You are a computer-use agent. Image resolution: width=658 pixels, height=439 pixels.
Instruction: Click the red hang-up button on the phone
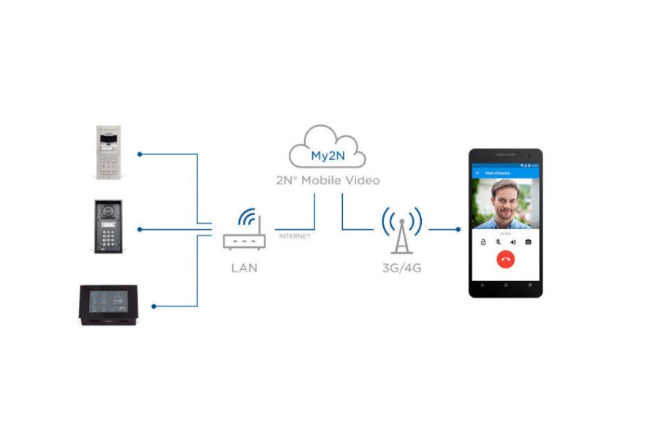coord(505,258)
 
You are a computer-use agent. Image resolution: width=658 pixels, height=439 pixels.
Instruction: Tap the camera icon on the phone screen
coord(528,241)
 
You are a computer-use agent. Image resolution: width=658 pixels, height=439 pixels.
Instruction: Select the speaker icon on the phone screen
coord(513,241)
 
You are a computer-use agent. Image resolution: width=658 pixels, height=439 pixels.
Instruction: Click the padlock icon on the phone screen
coord(483,241)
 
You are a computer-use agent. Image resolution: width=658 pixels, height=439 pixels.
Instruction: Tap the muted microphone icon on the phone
coord(498,241)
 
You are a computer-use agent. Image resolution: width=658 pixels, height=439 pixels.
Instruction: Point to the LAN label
coord(244,268)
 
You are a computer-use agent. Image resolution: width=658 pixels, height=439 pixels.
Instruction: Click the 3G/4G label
coord(401,268)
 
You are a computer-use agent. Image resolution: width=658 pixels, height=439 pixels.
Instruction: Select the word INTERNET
coord(294,236)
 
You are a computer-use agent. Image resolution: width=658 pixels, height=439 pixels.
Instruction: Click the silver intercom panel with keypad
coord(109,152)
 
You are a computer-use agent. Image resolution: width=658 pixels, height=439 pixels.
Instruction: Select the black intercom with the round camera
coord(109,227)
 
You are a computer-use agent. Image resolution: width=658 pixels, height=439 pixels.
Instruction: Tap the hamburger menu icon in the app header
coord(477,173)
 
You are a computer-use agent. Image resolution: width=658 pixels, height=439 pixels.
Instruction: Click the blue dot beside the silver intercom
coord(140,154)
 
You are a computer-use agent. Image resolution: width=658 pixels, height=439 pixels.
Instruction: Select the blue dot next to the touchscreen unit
coord(154,305)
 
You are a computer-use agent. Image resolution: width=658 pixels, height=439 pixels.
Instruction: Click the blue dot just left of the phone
coord(458,229)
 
